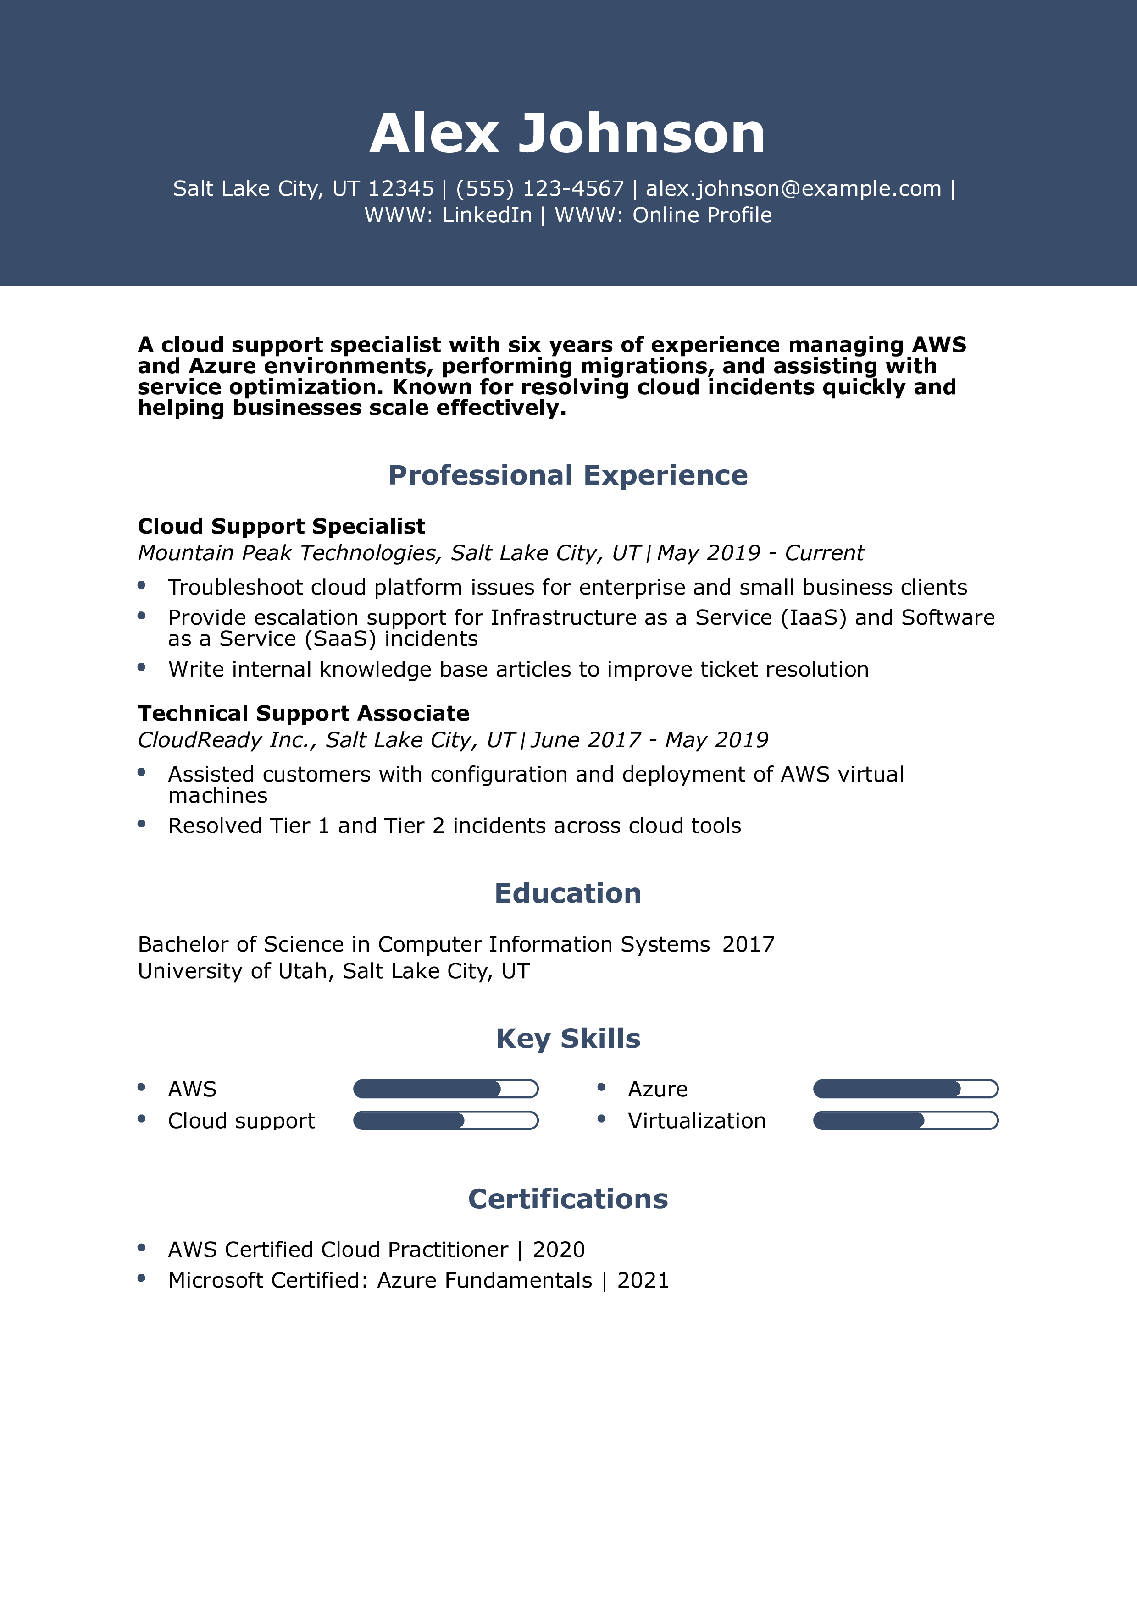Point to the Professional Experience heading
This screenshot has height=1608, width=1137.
point(568,475)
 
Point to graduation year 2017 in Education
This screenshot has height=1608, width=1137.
point(748,944)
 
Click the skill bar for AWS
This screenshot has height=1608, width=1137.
point(445,1089)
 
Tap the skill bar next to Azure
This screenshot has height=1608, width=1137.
point(905,1089)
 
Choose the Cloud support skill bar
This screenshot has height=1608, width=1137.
point(445,1121)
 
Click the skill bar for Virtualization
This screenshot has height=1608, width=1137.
point(905,1121)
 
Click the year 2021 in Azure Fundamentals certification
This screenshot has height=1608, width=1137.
point(643,1280)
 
